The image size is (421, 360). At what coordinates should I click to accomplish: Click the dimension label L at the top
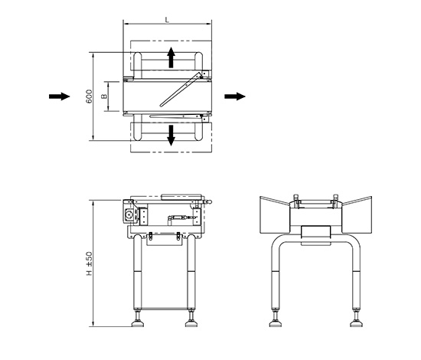tap(167, 20)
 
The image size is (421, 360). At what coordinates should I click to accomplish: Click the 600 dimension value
tap(89, 97)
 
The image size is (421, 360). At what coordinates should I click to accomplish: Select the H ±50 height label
tap(89, 263)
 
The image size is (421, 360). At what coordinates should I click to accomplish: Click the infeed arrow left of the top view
tap(60, 97)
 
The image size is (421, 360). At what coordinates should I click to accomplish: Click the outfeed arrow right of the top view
tap(235, 97)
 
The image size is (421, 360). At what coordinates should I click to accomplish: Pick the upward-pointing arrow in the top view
tap(171, 57)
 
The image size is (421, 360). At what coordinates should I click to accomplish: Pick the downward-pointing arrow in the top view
tap(171, 136)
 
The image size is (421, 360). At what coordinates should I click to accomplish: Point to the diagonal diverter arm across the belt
tap(181, 89)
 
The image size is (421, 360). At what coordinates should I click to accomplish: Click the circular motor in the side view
tap(129, 214)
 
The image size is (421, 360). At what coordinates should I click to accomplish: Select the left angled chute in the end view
tap(275, 215)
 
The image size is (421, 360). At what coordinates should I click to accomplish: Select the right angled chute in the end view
tap(357, 215)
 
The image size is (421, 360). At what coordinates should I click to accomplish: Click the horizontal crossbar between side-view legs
tap(165, 309)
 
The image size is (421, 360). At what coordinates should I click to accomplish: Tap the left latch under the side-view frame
tap(151, 236)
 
